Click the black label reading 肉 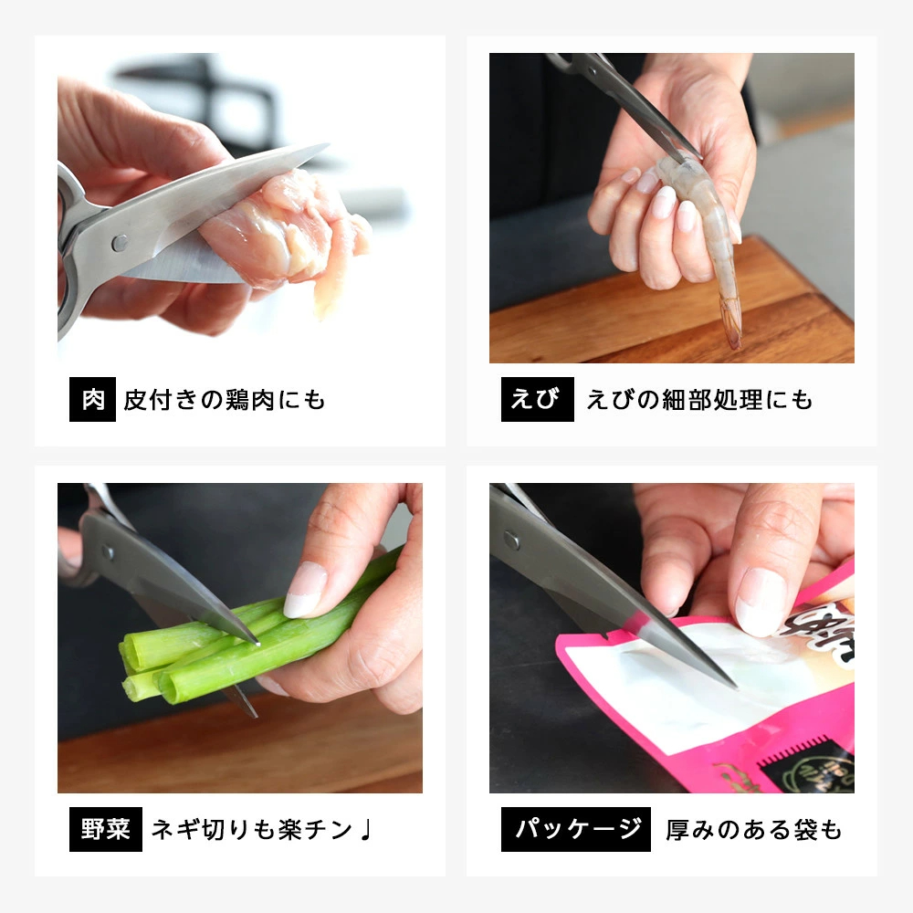92,400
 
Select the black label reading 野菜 105,830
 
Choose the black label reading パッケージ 575,830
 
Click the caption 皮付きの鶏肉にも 225,400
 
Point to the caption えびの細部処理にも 698,400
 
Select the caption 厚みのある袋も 753,830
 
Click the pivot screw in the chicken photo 120,242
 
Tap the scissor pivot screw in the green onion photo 109,552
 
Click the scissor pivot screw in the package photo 511,540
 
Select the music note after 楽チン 366,830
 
